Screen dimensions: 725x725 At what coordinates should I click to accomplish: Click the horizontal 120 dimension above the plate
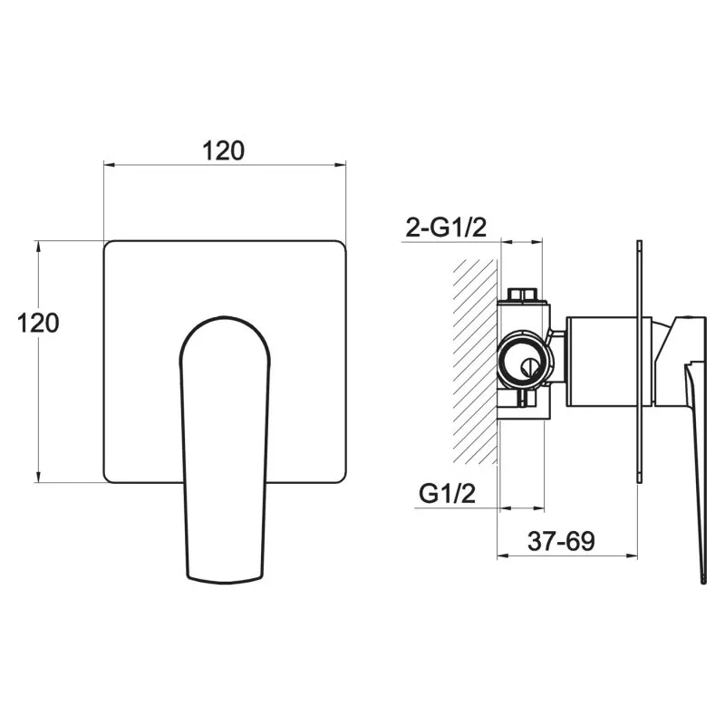pos(223,150)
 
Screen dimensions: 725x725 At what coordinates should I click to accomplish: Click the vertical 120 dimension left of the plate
pos(38,323)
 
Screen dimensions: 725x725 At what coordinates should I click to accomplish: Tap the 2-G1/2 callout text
pos(446,227)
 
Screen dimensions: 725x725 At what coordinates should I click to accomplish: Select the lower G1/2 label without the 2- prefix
pos(447,493)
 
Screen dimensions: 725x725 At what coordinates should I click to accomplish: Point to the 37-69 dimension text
pos(561,541)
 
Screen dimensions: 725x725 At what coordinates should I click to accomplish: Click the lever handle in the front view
pos(224,449)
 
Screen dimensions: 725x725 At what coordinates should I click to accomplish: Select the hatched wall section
pos(475,361)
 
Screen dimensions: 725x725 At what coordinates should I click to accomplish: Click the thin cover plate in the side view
pos(640,362)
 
